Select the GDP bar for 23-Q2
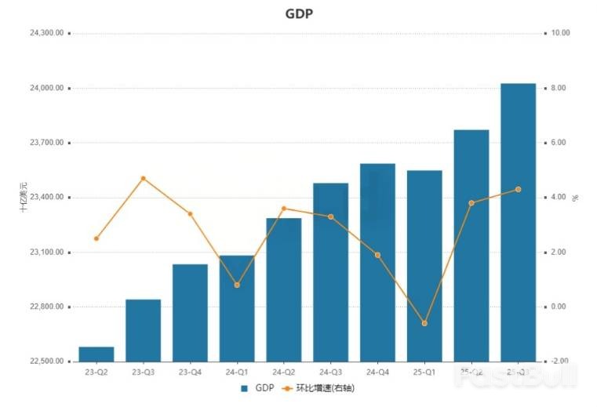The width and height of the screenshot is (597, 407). [96, 354]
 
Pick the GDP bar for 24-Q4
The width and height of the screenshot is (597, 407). [377, 262]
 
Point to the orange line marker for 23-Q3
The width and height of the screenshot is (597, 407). [143, 178]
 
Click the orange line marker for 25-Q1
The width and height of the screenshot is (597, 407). [424, 323]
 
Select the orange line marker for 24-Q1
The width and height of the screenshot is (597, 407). [237, 285]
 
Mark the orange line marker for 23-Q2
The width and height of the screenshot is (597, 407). [96, 238]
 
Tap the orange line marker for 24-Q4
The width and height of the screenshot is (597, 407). [377, 255]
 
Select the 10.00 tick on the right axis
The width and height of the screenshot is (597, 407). [560, 33]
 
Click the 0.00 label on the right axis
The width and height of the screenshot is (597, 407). [559, 307]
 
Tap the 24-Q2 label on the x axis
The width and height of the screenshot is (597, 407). [283, 372]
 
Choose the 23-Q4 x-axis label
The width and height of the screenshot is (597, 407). [190, 372]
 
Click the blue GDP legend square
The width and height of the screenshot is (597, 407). [245, 388]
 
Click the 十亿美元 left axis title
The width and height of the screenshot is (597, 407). [23, 197]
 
